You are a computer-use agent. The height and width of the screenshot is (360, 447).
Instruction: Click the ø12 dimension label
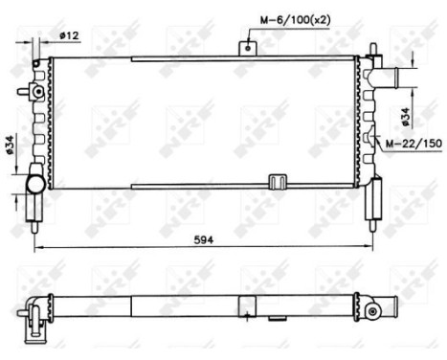68,35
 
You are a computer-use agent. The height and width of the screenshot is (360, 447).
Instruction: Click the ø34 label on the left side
10,146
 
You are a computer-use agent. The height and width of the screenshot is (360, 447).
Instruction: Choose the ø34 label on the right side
406,116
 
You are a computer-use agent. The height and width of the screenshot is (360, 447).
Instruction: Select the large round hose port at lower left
34,183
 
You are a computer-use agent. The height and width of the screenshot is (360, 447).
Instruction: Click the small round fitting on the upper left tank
36,92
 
